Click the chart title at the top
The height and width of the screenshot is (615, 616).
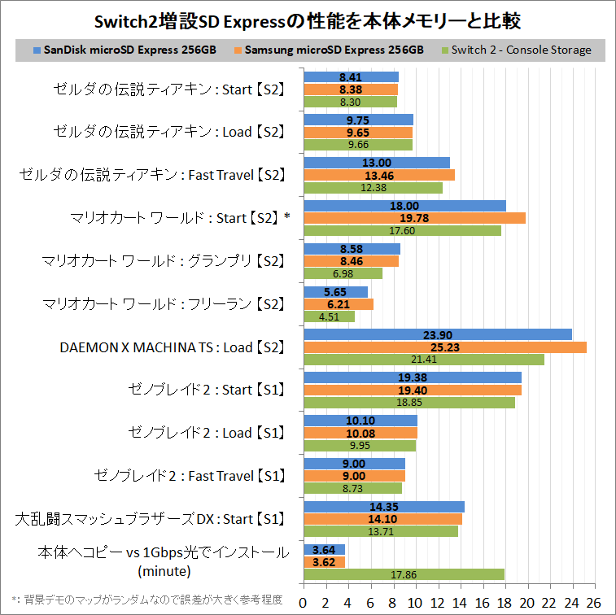pyautogui.click(x=308, y=20)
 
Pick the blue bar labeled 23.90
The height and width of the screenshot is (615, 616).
pyautogui.click(x=437, y=334)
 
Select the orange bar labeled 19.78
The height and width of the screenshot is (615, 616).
pyautogui.click(x=414, y=218)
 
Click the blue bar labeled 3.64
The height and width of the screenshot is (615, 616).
pyautogui.click(x=324, y=549)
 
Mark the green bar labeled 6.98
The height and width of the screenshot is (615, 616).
pyautogui.click(x=343, y=273)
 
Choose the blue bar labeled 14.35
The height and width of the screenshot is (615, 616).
pyautogui.click(x=383, y=506)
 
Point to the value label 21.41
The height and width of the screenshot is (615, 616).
pyautogui.click(x=404, y=360)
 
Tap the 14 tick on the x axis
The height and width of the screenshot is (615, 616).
pyautogui.click(x=460, y=602)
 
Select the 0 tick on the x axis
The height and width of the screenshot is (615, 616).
pyautogui.click(x=304, y=602)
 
